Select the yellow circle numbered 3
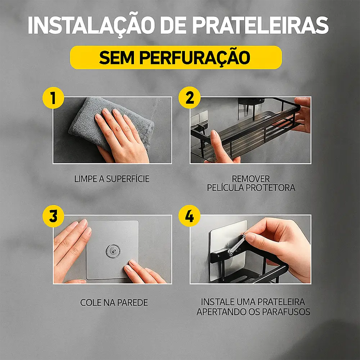(53, 217)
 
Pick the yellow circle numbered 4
(189, 217)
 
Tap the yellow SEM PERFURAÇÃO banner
(176, 57)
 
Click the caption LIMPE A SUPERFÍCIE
(112, 179)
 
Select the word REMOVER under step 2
(251, 179)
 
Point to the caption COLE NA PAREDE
(114, 303)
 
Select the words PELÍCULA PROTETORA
(251, 188)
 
